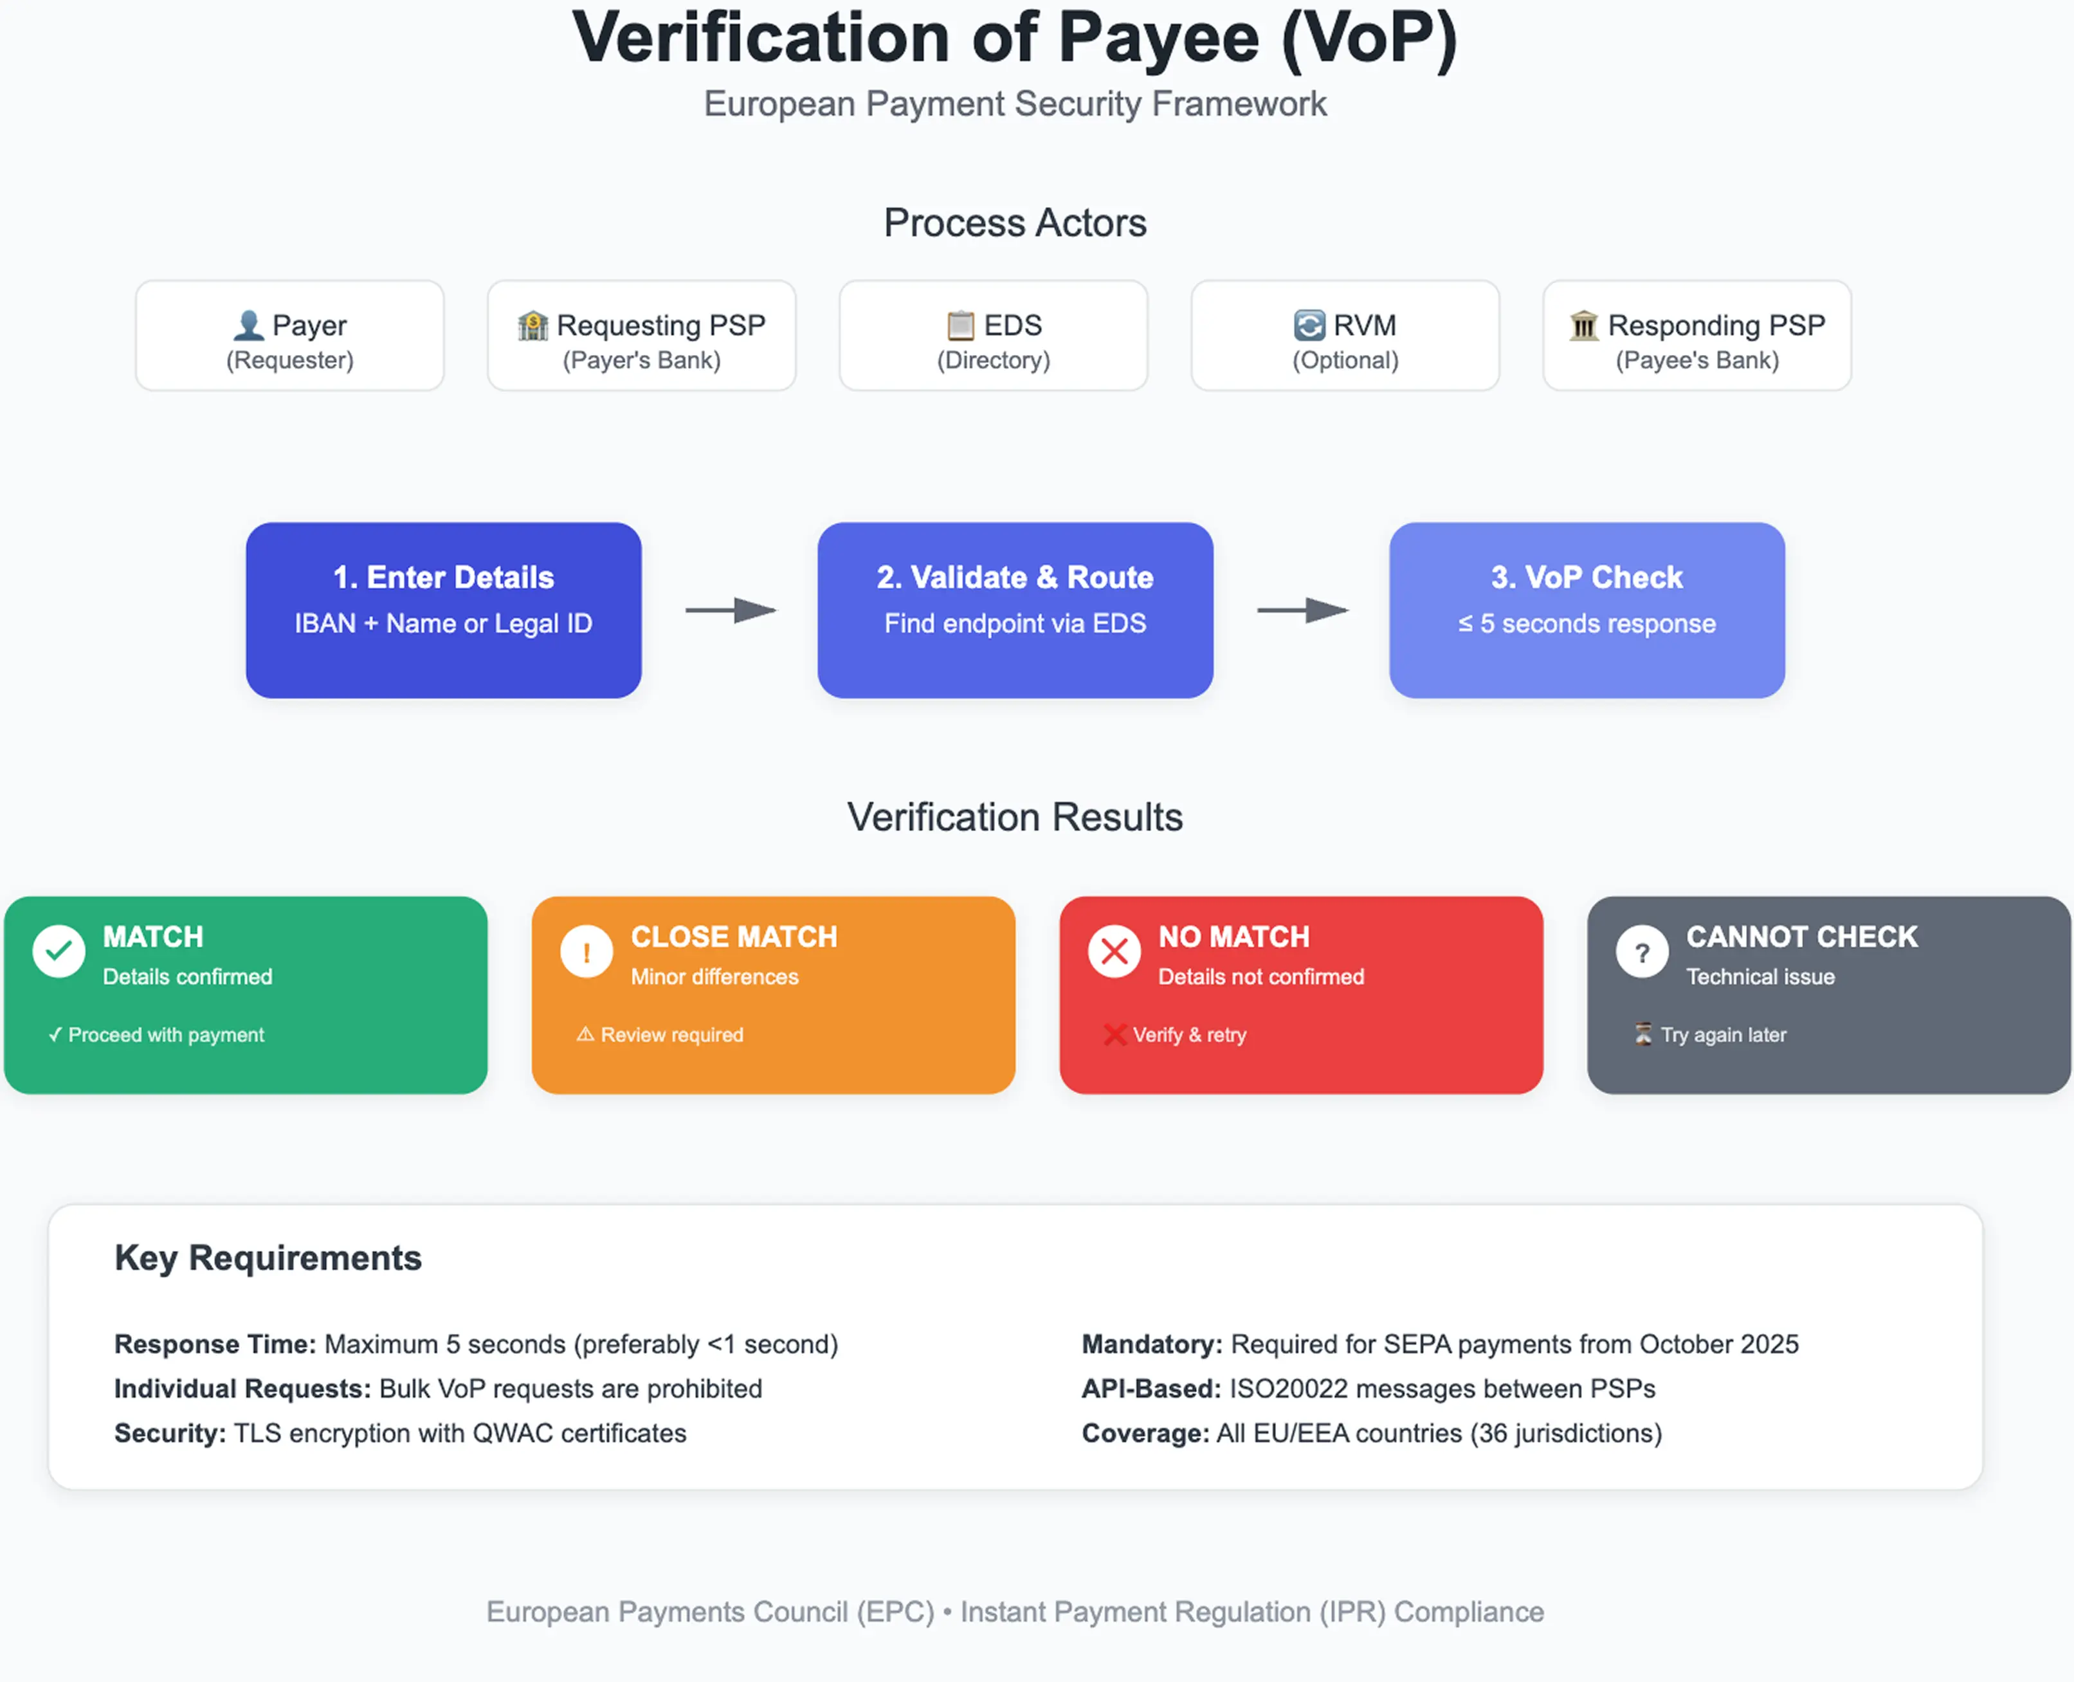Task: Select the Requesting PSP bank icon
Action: (x=532, y=325)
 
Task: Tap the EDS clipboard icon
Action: (x=960, y=325)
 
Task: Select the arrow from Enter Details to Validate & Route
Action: (x=731, y=610)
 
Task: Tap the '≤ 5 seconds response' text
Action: (x=1587, y=624)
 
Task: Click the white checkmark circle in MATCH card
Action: (x=59, y=951)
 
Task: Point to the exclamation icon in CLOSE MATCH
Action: (x=586, y=951)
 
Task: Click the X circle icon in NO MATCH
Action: (x=1114, y=951)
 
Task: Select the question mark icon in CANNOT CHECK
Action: (x=1642, y=951)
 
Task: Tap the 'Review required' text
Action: (x=671, y=1035)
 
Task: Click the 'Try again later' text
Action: (x=1724, y=1035)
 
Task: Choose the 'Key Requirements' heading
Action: (x=268, y=1257)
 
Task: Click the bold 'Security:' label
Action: (x=170, y=1433)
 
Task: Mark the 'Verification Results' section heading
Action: (x=1014, y=817)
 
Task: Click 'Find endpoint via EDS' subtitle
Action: (x=1014, y=624)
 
